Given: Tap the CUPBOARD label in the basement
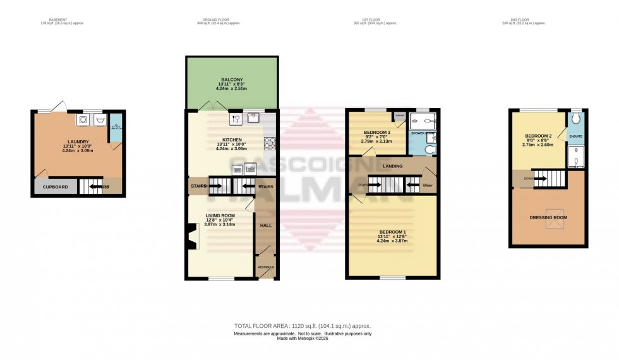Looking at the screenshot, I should [56, 187].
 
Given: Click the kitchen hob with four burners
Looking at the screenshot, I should [271, 144].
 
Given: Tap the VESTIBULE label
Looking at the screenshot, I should [267, 268].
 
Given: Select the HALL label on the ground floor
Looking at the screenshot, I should [266, 224].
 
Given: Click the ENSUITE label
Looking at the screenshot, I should [576, 136].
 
